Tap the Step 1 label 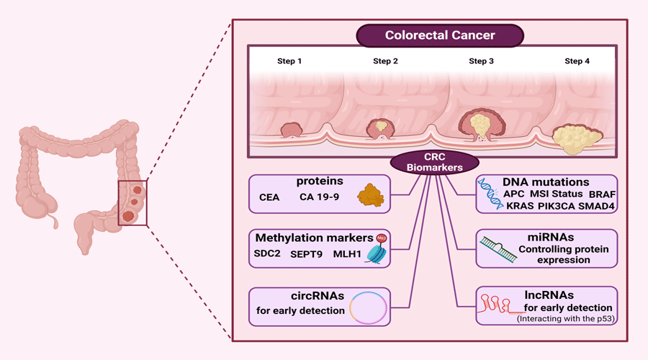click(x=289, y=61)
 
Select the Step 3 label click(x=481, y=61)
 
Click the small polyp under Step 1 click(x=292, y=130)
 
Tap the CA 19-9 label click(x=320, y=197)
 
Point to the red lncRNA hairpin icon click(x=495, y=305)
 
